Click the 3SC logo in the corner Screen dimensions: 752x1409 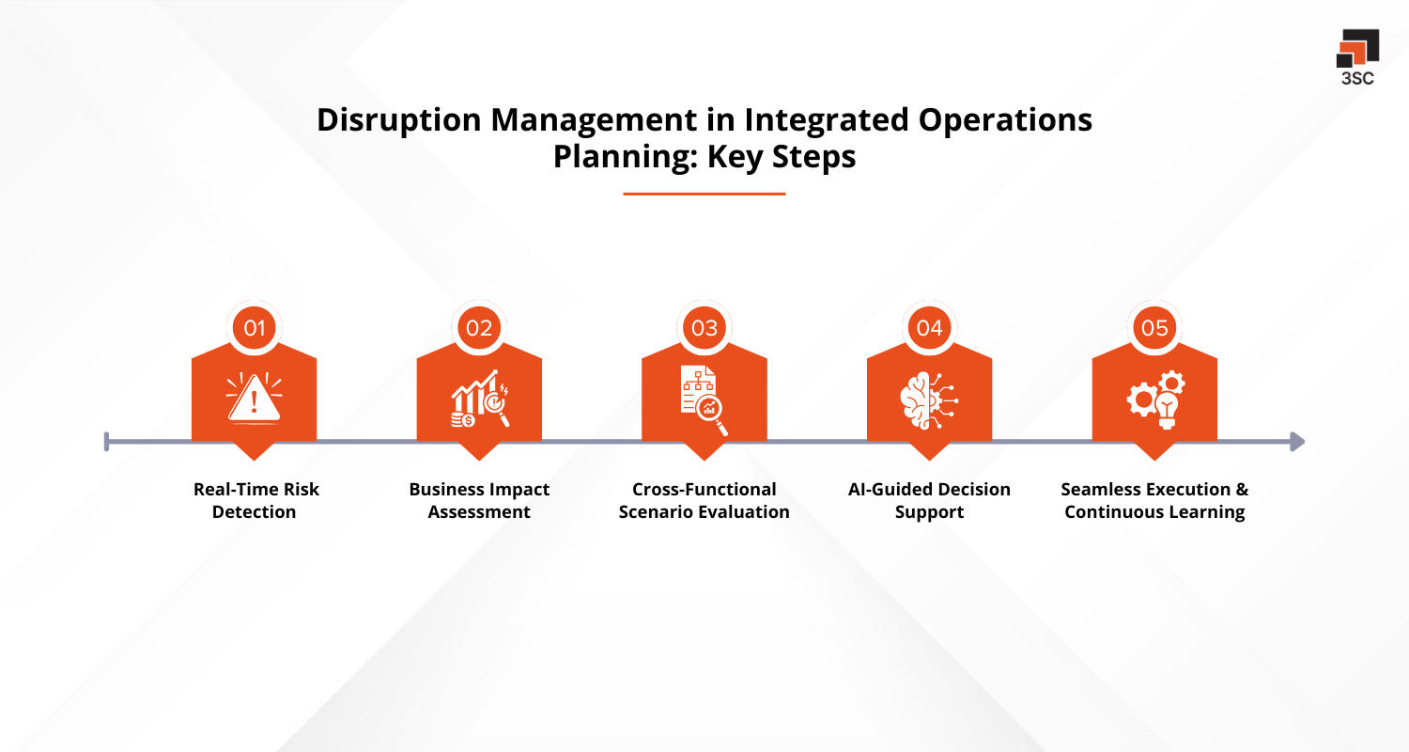1357,56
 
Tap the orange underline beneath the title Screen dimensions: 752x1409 704,194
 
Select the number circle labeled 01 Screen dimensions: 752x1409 255,328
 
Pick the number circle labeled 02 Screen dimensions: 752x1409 479,328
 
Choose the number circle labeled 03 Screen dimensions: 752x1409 704,328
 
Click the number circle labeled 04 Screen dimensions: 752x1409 929,328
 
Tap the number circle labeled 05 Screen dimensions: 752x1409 1154,328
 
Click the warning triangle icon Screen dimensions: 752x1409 255,399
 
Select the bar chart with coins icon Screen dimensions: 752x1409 479,399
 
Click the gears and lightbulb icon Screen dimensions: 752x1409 1155,399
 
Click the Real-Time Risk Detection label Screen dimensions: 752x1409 255,501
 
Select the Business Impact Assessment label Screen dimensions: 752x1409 479,501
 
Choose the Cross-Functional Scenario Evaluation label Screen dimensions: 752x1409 704,501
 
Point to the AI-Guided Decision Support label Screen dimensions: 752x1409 929,501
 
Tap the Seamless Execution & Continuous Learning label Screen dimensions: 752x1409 1154,501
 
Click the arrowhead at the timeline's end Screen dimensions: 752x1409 1297,441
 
